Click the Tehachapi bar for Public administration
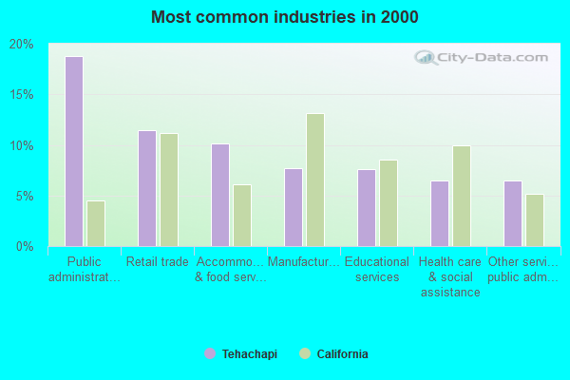coord(74,152)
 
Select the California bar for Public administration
coord(96,223)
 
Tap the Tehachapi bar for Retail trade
coord(147,189)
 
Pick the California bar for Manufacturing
coord(315,180)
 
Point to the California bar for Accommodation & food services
coord(242,216)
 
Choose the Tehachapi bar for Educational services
coord(367,208)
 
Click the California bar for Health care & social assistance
coord(462,197)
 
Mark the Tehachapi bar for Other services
coord(513,214)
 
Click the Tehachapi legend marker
coord(210,353)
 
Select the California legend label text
coord(342,353)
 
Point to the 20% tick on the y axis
coord(22,45)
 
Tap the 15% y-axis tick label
coord(22,95)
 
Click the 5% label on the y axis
coord(25,197)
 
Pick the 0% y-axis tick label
coord(25,247)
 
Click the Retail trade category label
coord(158,262)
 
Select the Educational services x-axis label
coord(377,270)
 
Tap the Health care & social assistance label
coord(450,277)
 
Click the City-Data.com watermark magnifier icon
coord(426,57)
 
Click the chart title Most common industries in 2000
coord(285,17)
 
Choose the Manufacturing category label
coord(304,262)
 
